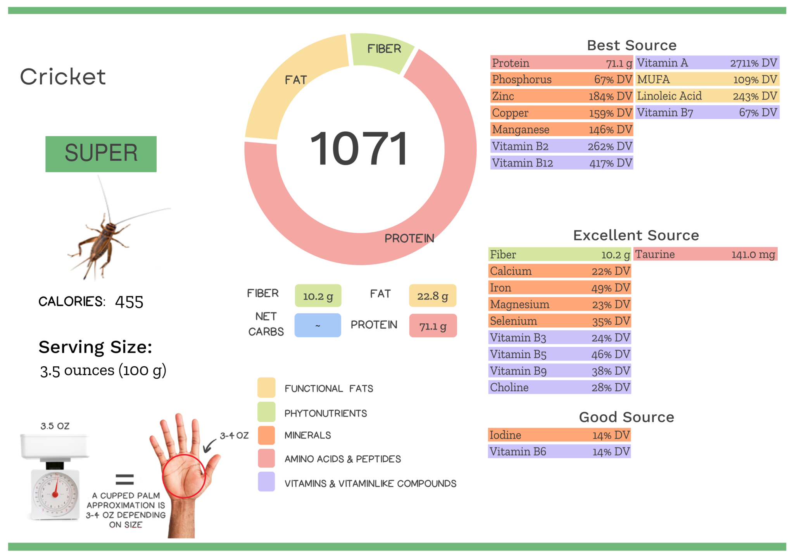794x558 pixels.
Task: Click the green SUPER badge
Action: pos(101,154)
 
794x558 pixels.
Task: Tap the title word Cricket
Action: pos(63,77)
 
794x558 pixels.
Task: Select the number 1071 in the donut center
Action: pos(359,149)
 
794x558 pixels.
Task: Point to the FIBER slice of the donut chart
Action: pos(382,52)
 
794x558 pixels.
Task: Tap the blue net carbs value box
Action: pos(318,325)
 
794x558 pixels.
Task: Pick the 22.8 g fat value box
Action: pos(432,296)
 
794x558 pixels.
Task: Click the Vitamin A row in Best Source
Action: pos(707,63)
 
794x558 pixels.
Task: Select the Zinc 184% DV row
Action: pos(561,96)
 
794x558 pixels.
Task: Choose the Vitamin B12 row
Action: pos(561,163)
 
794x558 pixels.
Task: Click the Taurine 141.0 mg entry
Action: pos(705,254)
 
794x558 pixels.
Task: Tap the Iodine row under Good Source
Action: pos(559,435)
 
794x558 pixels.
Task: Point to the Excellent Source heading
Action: pos(636,235)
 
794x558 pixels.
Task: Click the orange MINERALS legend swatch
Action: pos(266,435)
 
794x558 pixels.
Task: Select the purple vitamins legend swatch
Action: pos(266,482)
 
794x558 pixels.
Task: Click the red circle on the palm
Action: pos(184,476)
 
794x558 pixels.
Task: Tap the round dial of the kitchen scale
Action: pos(55,494)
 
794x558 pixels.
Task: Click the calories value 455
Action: pos(129,302)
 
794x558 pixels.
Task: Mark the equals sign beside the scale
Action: pos(124,479)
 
